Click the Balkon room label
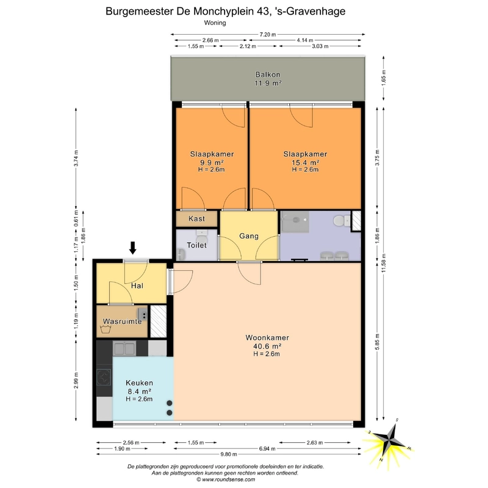click(x=268, y=74)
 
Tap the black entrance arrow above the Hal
click(x=133, y=248)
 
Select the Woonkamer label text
click(x=267, y=338)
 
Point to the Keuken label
click(x=139, y=383)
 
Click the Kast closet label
click(x=196, y=218)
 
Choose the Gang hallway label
click(x=249, y=236)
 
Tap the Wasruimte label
click(x=123, y=321)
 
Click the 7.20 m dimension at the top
click(x=268, y=35)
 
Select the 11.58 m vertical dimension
click(x=384, y=264)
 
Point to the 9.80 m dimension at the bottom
click(x=229, y=454)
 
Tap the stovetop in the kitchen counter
click(x=104, y=377)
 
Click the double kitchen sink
click(x=124, y=348)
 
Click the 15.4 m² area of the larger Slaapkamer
click(x=305, y=162)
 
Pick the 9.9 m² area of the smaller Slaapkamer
click(x=212, y=162)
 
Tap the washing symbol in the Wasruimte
click(x=106, y=329)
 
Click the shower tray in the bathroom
click(x=295, y=222)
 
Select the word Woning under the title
click(x=215, y=23)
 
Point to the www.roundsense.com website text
click(x=228, y=479)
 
